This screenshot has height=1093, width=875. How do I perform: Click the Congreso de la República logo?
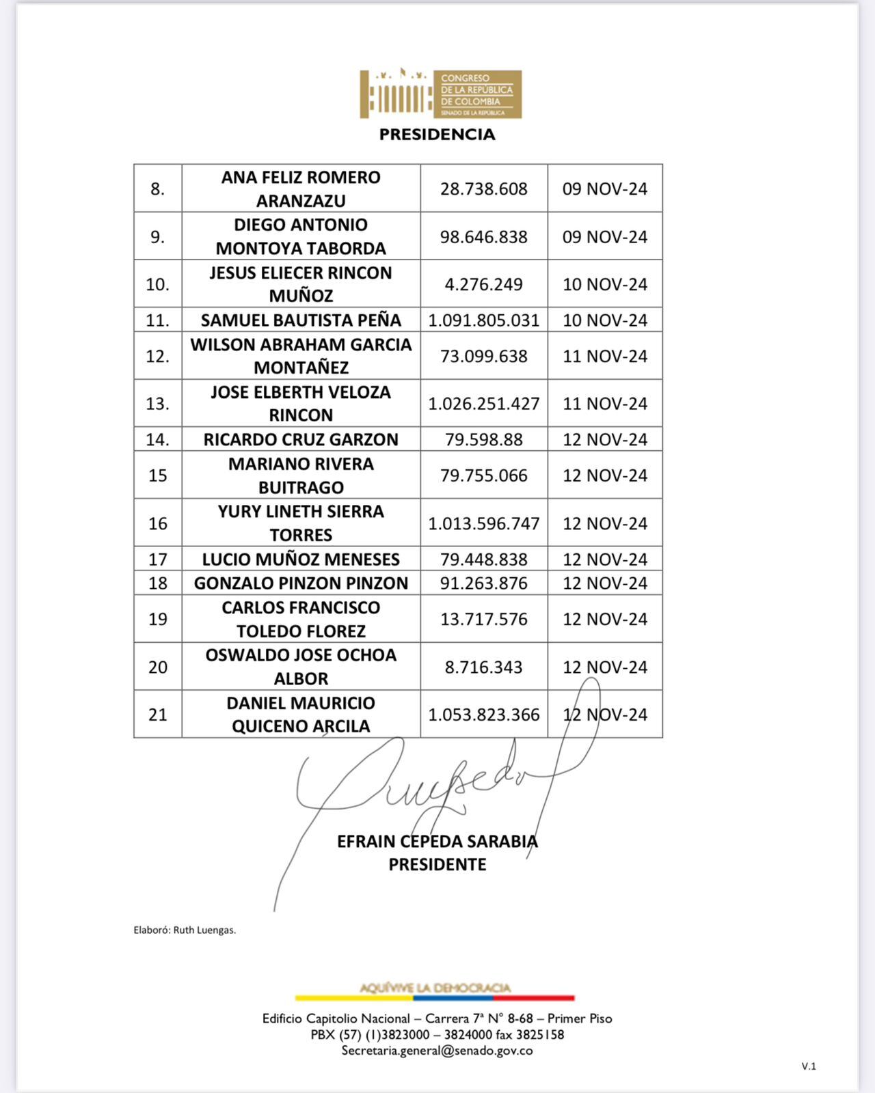pyautogui.click(x=440, y=94)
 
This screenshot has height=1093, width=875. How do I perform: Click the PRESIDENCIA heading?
pyautogui.click(x=437, y=135)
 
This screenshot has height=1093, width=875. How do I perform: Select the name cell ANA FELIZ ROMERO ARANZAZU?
pyautogui.click(x=301, y=189)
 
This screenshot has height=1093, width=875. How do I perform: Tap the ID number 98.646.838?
pyautogui.click(x=483, y=237)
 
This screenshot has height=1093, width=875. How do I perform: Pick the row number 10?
pyautogui.click(x=158, y=284)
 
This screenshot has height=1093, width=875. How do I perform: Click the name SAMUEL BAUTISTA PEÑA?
pyautogui.click(x=301, y=320)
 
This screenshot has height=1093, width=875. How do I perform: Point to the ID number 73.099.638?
pyautogui.click(x=483, y=356)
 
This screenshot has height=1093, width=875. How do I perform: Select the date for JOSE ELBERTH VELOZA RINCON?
pyautogui.click(x=604, y=404)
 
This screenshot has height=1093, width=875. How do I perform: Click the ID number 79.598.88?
pyautogui.click(x=483, y=439)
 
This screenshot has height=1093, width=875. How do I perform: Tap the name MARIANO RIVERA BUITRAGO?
pyautogui.click(x=301, y=475)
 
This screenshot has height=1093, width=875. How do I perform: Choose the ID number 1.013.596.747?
pyautogui.click(x=483, y=523)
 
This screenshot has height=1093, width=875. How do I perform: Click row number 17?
pyautogui.click(x=158, y=559)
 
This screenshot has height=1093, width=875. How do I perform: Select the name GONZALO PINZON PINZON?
pyautogui.click(x=301, y=583)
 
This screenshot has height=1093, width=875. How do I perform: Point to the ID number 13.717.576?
pyautogui.click(x=483, y=619)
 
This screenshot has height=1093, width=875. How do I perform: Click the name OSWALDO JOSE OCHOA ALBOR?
pyautogui.click(x=301, y=667)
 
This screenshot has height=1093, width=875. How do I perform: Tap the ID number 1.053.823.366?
pyautogui.click(x=483, y=715)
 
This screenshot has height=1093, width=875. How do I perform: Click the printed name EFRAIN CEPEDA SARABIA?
pyautogui.click(x=437, y=841)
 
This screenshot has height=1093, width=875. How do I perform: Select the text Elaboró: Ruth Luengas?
pyautogui.click(x=185, y=930)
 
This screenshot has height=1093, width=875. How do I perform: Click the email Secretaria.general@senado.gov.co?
pyautogui.click(x=437, y=1051)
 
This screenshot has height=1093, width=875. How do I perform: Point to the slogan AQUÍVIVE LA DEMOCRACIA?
pyautogui.click(x=435, y=988)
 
